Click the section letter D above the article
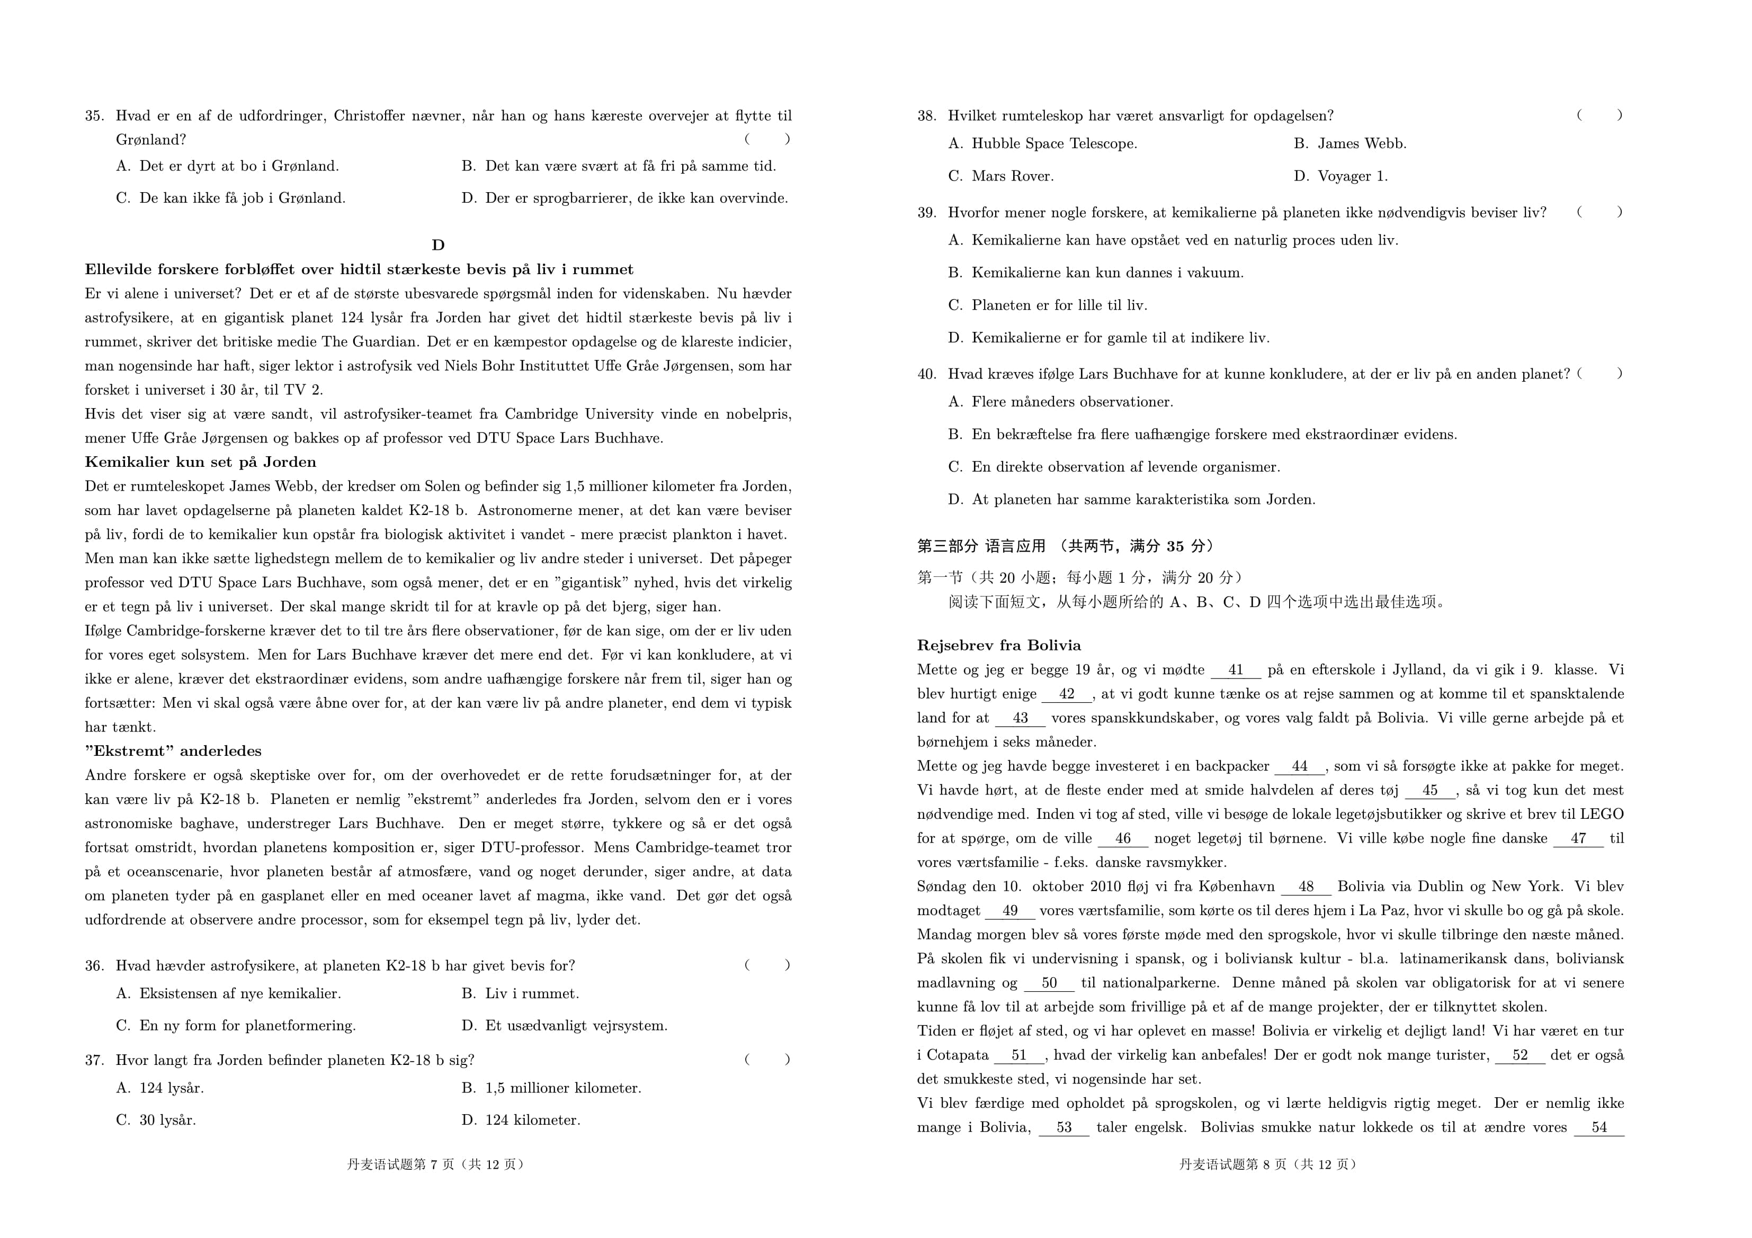[438, 245]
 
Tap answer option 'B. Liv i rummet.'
[521, 993]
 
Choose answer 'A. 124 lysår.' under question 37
[160, 1088]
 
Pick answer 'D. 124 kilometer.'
[521, 1120]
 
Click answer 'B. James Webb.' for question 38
[1350, 143]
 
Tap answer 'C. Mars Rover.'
[1001, 176]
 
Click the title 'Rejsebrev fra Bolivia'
[999, 645]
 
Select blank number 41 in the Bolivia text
[1236, 670]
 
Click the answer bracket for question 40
[1599, 373]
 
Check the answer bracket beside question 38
[1599, 115]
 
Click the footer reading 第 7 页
[436, 1164]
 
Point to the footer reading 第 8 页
[1268, 1164]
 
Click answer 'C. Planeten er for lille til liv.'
[1048, 305]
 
